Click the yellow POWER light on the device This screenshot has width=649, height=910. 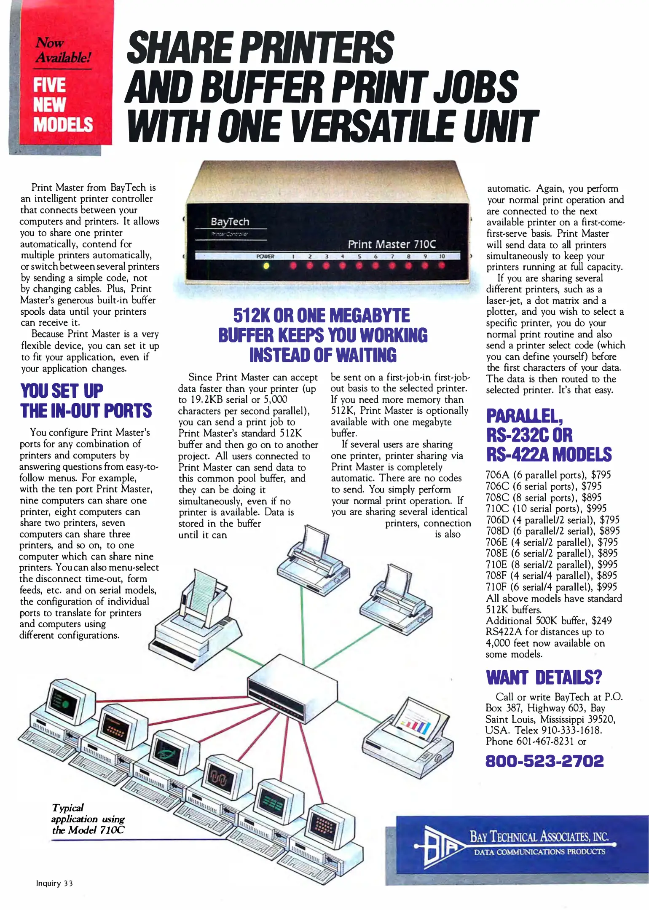[x=266, y=266]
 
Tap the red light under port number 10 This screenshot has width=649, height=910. [x=441, y=265]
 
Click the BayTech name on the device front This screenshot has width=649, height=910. [x=230, y=222]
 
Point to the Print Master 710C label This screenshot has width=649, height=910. [x=392, y=244]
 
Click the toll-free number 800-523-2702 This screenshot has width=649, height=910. [x=544, y=761]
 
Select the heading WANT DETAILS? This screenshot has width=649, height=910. [x=544, y=677]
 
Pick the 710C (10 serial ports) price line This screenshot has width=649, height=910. [x=546, y=509]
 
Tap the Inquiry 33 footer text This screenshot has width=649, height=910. [x=54, y=883]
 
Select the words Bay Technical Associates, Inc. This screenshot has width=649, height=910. [x=539, y=837]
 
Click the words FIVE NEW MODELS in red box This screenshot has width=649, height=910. [x=63, y=104]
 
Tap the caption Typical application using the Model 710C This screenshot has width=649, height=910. [x=88, y=819]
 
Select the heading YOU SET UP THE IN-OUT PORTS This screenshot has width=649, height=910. [x=86, y=401]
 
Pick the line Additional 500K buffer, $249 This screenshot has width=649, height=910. [x=549, y=621]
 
